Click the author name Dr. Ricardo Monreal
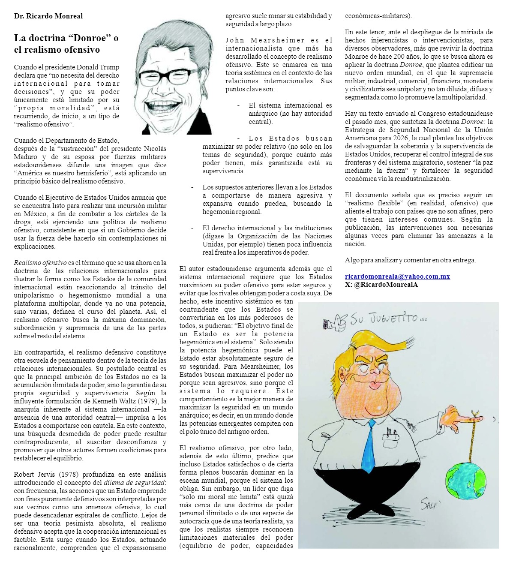tap(48, 16)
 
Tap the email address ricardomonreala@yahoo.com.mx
tap(397, 276)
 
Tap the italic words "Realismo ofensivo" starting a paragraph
tap(40, 263)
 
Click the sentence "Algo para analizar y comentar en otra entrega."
tap(410, 260)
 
